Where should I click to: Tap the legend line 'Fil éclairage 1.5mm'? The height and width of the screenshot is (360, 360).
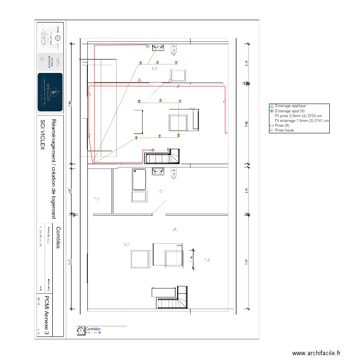click(301, 121)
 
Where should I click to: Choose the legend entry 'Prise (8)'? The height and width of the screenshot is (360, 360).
click(284, 125)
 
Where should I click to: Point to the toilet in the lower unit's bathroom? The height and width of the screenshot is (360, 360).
click(172, 170)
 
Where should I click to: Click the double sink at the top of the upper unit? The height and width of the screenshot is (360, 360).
click(158, 47)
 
